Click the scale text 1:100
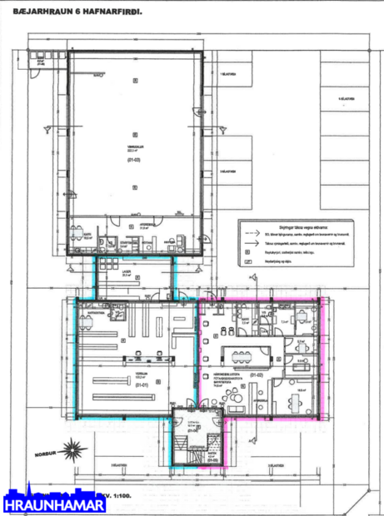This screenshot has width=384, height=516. (x=124, y=494)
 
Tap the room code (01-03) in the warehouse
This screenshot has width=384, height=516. (x=133, y=158)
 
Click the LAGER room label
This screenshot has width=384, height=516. (x=127, y=271)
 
